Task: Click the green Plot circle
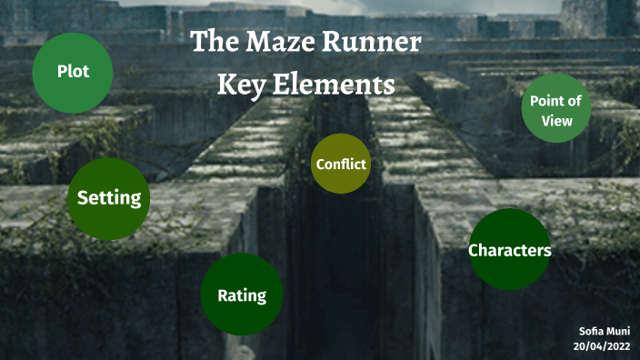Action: point(73,73)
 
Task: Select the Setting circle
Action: point(109,199)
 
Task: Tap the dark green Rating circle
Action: point(242,295)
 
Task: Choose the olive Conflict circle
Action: point(341,165)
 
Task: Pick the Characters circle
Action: point(509,249)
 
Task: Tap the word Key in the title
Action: point(238,85)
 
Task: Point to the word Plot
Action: point(73,72)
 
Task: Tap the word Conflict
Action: point(341,165)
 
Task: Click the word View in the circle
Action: point(556,121)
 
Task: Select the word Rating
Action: point(242,295)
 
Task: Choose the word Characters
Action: point(509,250)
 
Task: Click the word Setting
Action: point(109,197)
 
